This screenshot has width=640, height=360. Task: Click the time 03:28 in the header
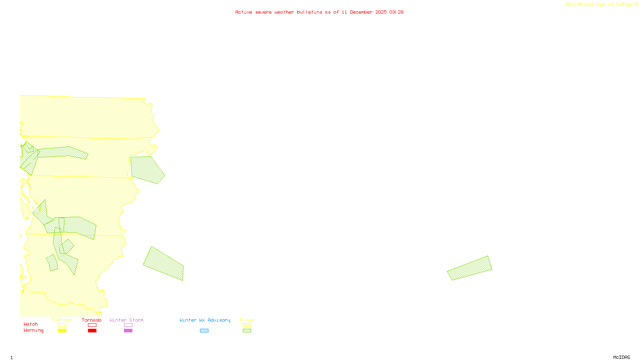click(396, 12)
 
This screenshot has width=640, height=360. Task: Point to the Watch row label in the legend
click(31, 324)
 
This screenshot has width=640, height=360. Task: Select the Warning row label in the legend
click(33, 330)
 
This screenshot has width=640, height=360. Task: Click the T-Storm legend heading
click(62, 320)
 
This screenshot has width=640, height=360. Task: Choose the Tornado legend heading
click(92, 320)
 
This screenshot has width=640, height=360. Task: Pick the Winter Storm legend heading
click(126, 320)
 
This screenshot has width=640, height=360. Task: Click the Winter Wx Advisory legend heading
click(205, 320)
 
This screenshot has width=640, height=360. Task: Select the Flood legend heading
click(247, 320)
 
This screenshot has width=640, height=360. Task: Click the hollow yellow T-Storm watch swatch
click(62, 325)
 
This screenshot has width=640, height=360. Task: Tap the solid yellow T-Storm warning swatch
click(62, 331)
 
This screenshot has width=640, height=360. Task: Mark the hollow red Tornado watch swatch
click(92, 325)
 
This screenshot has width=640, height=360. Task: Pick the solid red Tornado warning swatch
click(92, 331)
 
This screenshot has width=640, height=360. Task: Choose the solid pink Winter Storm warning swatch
click(128, 331)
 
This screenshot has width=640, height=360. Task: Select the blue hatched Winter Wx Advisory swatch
click(204, 331)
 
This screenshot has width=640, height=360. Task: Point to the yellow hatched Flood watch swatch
click(247, 325)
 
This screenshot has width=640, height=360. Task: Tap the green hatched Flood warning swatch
click(247, 331)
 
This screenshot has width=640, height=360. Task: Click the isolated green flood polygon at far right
click(470, 268)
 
